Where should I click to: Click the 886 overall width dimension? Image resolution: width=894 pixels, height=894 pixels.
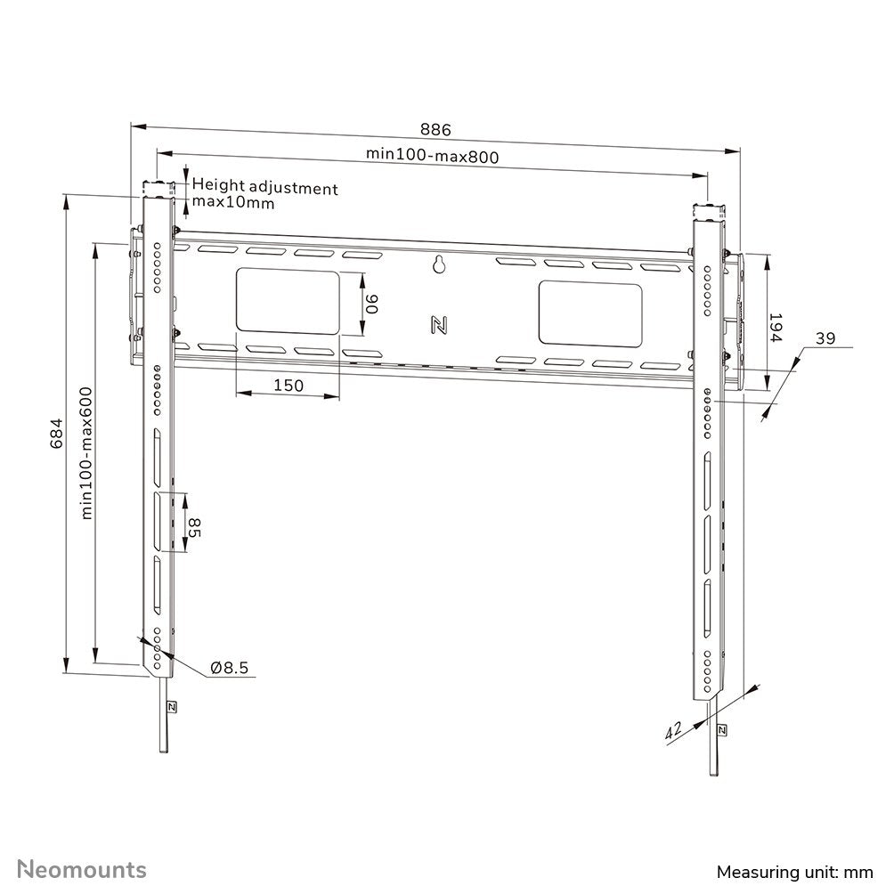click(x=436, y=130)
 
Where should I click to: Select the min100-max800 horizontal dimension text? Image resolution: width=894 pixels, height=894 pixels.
click(x=432, y=155)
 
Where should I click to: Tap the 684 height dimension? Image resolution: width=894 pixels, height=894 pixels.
click(x=57, y=433)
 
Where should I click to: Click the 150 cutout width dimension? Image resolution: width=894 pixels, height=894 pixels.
click(x=289, y=386)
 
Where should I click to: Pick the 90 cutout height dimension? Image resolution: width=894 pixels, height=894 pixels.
click(x=372, y=305)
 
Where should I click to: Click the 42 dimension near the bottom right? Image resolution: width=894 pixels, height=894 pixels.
click(x=673, y=731)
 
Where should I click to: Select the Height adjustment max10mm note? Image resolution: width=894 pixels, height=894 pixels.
click(x=264, y=195)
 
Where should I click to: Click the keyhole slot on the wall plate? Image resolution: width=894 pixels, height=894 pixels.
click(x=438, y=264)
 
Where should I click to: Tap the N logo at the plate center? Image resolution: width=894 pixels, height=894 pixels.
click(x=438, y=325)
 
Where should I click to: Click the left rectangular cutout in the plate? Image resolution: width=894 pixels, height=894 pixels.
click(x=288, y=303)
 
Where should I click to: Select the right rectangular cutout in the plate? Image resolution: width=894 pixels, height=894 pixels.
click(x=589, y=314)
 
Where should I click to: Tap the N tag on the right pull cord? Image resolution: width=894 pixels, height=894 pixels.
click(x=720, y=729)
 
